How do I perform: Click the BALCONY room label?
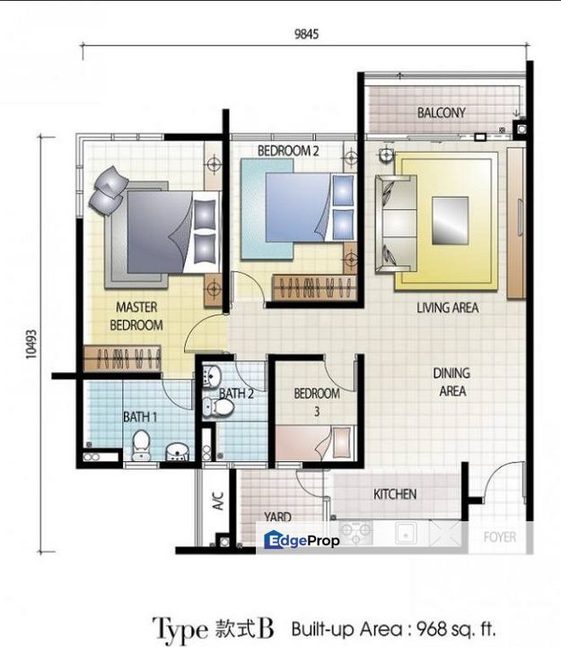(441, 112)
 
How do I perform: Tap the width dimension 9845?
(306, 34)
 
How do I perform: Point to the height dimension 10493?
(31, 344)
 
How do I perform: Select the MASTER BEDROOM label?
(136, 316)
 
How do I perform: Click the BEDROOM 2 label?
(288, 151)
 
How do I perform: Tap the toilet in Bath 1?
(141, 445)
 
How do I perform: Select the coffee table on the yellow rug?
(450, 221)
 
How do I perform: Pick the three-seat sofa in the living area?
(396, 224)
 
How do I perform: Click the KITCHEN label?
(395, 494)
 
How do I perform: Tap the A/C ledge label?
(217, 501)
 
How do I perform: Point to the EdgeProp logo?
(302, 540)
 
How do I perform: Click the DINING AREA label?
(451, 382)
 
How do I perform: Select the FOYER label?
(500, 536)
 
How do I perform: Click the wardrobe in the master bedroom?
(122, 359)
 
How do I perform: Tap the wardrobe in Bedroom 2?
(313, 288)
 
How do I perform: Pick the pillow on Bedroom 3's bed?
(342, 442)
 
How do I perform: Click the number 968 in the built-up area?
(432, 629)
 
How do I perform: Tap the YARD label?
(278, 517)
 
